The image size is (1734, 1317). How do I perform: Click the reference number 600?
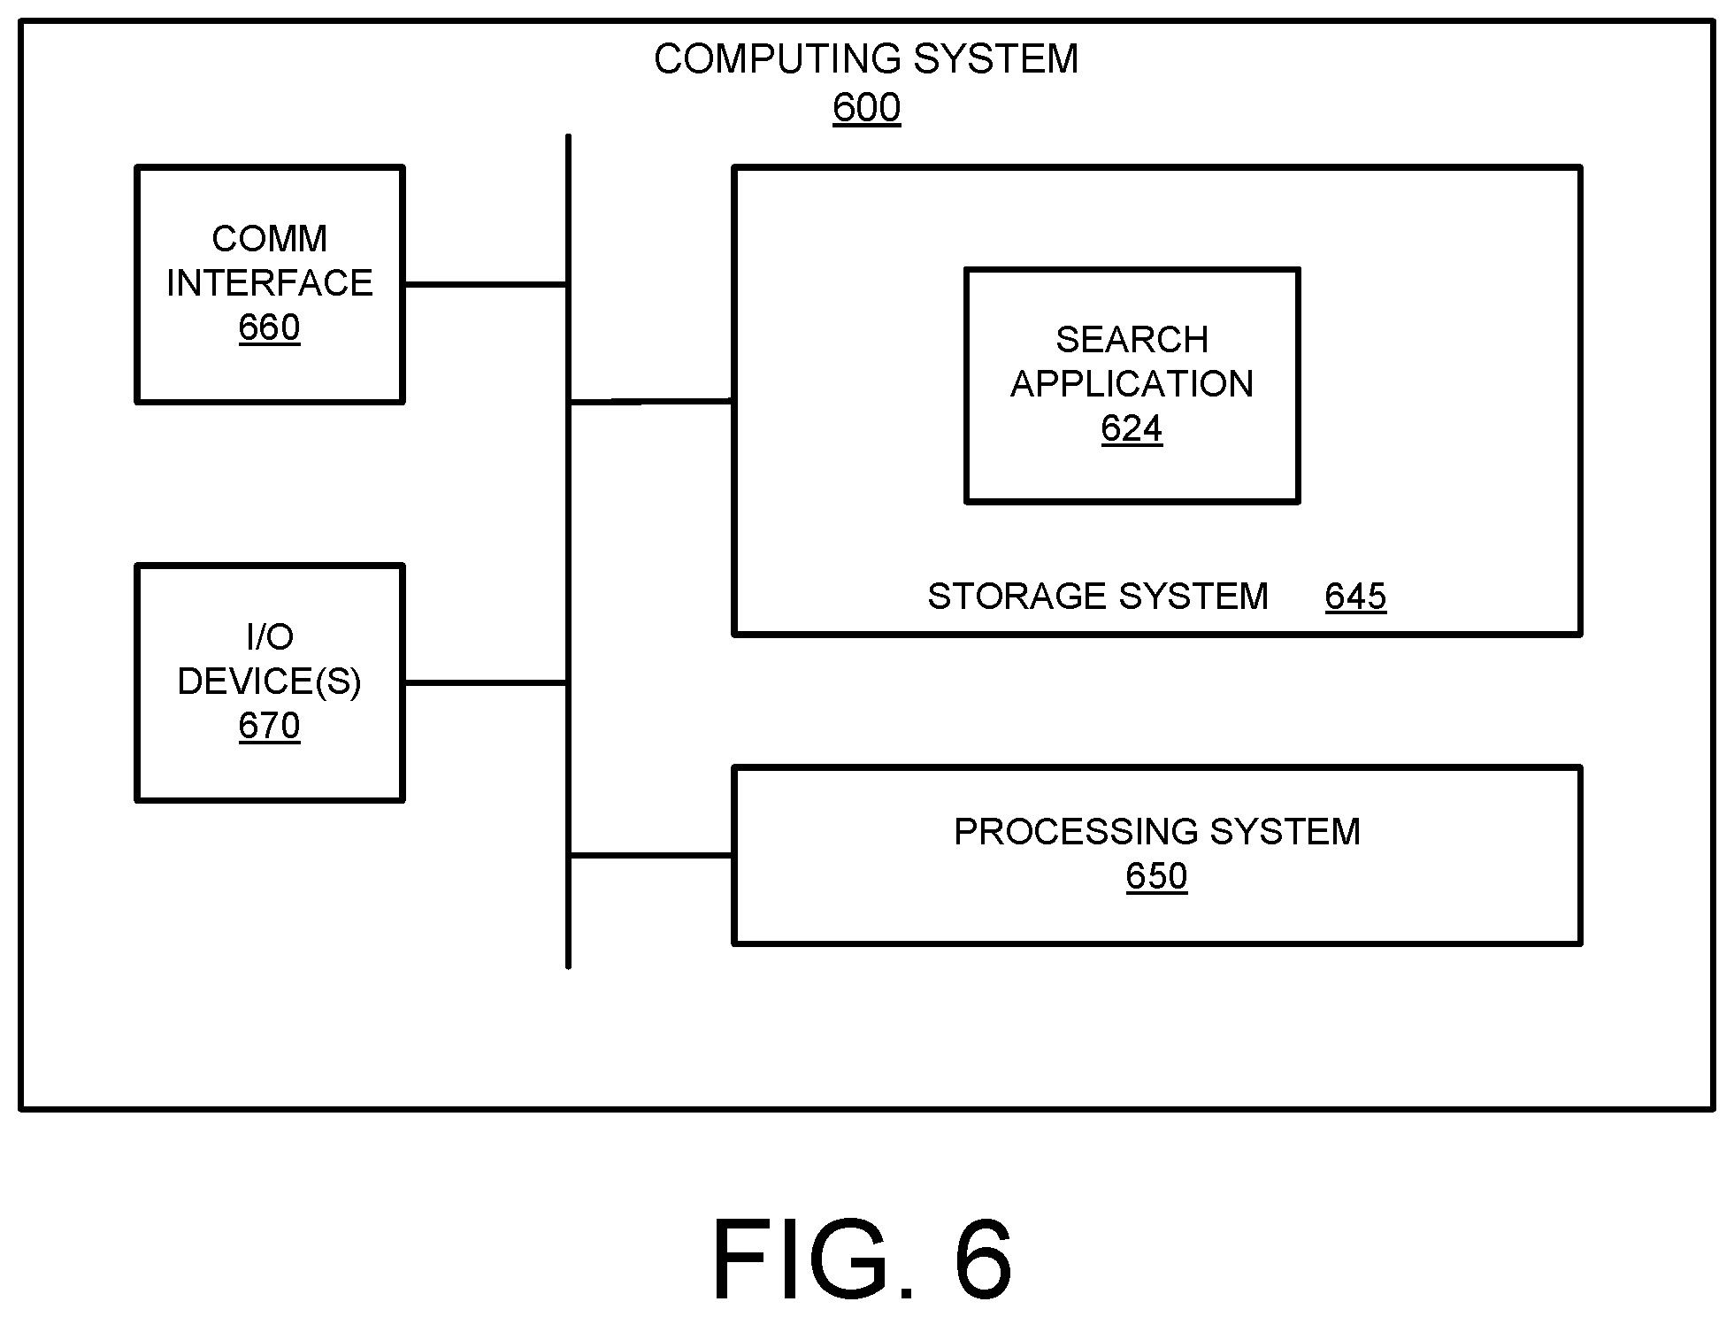866,108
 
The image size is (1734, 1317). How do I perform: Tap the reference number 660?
269,327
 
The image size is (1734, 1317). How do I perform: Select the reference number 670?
269,726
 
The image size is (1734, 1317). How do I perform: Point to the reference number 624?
1132,428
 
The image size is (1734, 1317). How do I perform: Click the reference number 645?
1355,597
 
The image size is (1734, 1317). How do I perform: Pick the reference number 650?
1156,876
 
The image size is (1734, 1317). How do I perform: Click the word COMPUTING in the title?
778,59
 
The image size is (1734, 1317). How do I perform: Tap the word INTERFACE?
269,283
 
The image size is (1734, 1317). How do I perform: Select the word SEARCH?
1132,340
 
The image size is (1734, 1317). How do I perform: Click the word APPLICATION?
1132,384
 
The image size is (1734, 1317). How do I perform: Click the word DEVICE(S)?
269,682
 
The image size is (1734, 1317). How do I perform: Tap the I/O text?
269,636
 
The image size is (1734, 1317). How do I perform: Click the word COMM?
269,239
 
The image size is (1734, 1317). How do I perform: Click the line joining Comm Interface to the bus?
485,284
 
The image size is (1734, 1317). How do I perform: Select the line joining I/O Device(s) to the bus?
485,682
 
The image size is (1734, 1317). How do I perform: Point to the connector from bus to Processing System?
651,855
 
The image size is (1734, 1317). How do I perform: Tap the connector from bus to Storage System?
651,401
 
